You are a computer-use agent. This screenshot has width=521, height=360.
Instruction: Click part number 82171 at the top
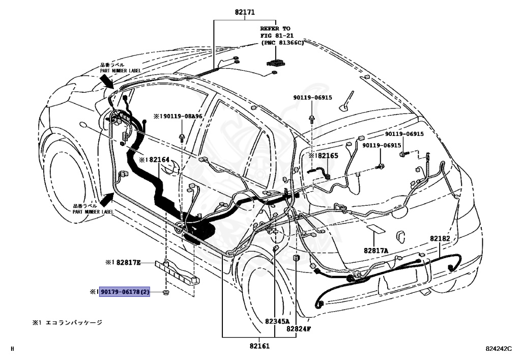click(245, 12)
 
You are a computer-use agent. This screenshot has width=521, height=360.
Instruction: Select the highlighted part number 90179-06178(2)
click(125, 292)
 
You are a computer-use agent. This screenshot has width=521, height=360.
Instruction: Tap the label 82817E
click(128, 263)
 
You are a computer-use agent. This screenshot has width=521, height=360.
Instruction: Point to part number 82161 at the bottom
click(259, 346)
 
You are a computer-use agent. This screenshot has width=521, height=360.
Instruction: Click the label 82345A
click(277, 321)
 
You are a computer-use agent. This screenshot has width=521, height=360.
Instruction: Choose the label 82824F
click(299, 329)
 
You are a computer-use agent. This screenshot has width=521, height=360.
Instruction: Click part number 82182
click(440, 238)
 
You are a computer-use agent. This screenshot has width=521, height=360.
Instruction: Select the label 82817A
click(376, 251)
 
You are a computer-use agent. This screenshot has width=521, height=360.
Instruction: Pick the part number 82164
click(159, 159)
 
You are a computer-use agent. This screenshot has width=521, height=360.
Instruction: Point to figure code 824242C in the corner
click(499, 349)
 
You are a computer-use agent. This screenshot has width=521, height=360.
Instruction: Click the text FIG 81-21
click(277, 36)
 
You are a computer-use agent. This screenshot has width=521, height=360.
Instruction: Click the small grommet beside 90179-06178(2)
click(165, 292)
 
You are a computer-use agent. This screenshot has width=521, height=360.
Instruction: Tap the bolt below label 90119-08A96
click(182, 137)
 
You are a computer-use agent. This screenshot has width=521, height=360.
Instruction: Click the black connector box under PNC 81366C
click(276, 63)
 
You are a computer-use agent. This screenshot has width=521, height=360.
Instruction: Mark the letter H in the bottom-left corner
click(13, 349)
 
